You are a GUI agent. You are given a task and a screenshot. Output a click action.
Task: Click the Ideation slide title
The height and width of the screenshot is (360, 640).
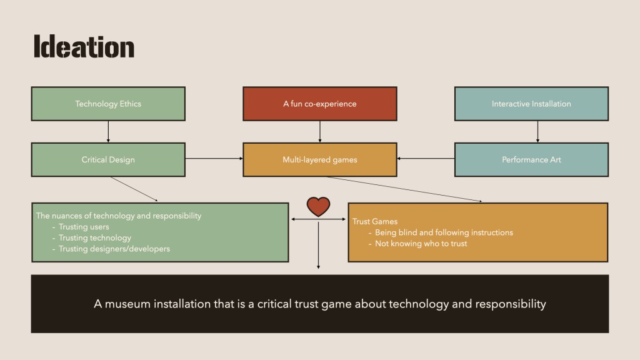coord(84,47)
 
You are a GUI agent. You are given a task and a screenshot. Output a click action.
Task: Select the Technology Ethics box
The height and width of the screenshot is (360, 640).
coord(108,104)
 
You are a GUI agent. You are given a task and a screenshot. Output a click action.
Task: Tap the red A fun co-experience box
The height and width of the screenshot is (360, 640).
coord(319,104)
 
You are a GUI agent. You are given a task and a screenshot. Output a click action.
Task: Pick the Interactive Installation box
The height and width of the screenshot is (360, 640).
coord(531,104)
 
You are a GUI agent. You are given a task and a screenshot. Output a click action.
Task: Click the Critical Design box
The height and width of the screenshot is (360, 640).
coord(108,159)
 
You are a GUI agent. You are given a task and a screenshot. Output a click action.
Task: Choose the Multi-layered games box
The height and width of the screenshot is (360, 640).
coord(319,159)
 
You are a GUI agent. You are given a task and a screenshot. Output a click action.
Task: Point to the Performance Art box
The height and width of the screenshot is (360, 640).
coord(531,159)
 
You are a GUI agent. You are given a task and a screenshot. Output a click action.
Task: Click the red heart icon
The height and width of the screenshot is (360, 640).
coord(319,206)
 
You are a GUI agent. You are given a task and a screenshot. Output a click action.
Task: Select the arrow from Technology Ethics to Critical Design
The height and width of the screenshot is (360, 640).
coord(108,131)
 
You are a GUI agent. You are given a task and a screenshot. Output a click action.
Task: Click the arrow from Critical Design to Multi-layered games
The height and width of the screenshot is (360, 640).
coord(214,159)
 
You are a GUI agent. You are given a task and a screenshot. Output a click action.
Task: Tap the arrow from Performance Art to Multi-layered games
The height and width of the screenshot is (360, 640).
coord(426,159)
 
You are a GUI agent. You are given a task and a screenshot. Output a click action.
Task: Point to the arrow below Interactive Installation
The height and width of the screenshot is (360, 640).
coord(537,131)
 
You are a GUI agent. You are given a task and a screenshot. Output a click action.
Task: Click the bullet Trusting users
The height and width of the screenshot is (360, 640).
coord(84,227)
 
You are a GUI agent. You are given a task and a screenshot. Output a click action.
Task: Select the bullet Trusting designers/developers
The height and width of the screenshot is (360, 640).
coord(114,249)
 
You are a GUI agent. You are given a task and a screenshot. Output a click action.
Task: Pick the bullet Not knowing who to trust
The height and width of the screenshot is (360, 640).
coord(421,244)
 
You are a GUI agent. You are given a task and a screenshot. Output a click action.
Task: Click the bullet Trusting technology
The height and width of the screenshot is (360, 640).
coord(95,238)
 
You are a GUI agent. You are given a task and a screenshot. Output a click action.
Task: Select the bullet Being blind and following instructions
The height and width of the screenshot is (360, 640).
coord(444,232)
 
